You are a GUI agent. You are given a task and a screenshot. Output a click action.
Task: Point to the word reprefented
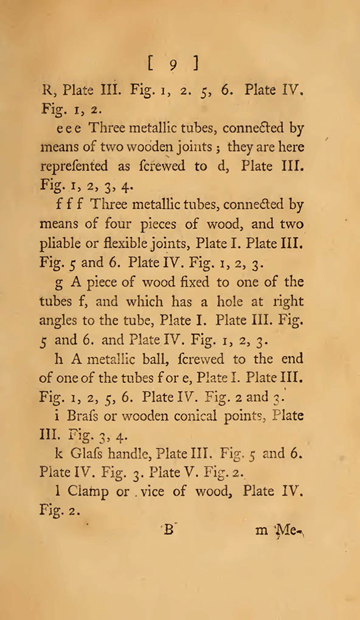(74, 167)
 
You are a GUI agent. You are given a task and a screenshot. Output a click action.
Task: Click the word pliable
(62, 244)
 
